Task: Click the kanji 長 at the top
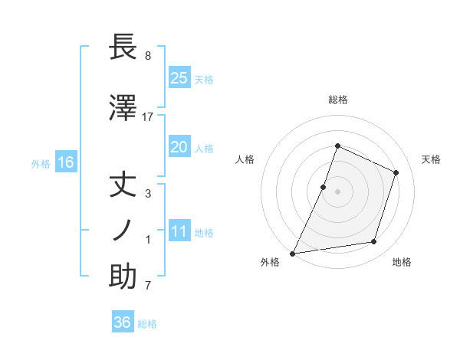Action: point(123,47)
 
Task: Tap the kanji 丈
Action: point(123,186)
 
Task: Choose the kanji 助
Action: point(123,276)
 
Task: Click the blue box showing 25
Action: point(179,77)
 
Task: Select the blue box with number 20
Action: point(179,147)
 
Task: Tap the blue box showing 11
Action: point(179,232)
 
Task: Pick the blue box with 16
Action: point(65,162)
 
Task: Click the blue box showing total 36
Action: point(123,322)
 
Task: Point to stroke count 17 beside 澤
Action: point(148,116)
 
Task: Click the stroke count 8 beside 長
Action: point(148,56)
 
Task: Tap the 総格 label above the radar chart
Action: point(337,100)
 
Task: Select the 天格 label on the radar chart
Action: point(431,159)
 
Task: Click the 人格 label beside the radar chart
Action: point(245,159)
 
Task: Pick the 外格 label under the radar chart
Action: point(270,263)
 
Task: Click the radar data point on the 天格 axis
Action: point(396,172)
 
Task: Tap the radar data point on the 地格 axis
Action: point(374,242)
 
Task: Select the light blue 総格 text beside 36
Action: point(147,324)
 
